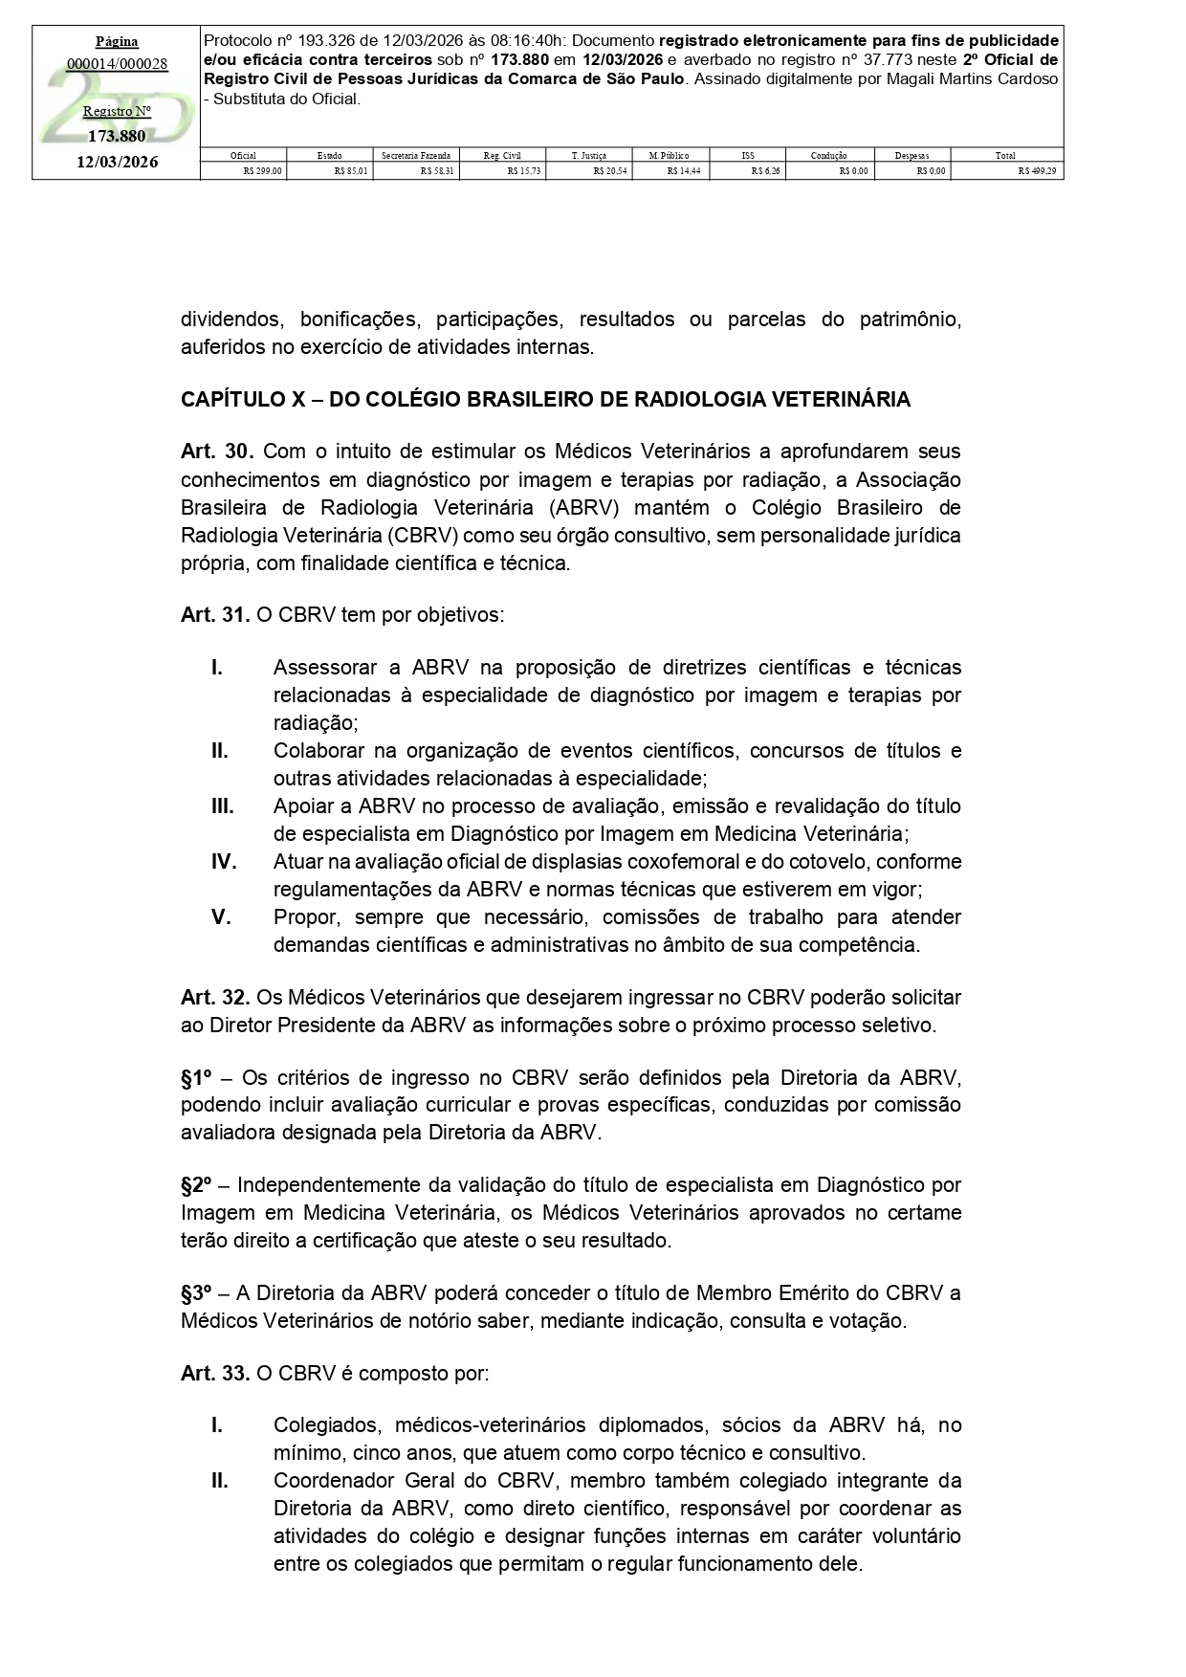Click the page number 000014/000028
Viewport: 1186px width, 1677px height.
pyautogui.click(x=118, y=64)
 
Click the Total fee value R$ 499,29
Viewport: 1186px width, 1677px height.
pyautogui.click(x=1039, y=171)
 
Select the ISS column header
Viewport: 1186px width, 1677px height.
pyautogui.click(x=747, y=155)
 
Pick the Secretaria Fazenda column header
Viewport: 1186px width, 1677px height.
pyautogui.click(x=416, y=155)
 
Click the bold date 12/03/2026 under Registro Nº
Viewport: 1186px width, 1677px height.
pyautogui.click(x=118, y=162)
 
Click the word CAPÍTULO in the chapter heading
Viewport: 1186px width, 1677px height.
pyautogui.click(x=230, y=400)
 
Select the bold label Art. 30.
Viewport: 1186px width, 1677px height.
pyautogui.click(x=216, y=451)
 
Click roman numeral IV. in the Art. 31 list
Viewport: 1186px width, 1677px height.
pyautogui.click(x=224, y=862)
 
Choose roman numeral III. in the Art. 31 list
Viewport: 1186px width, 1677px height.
pyautogui.click(x=223, y=806)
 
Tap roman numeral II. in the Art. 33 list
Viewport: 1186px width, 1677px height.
pyautogui.click(x=220, y=1481)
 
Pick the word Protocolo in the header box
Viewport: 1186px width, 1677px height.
pyautogui.click(x=238, y=41)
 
